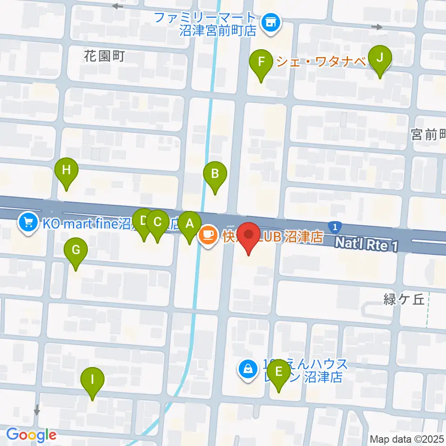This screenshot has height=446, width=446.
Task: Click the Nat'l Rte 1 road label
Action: pos(367,243)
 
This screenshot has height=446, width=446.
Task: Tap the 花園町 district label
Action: pos(105,56)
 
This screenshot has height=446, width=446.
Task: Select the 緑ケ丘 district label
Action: pos(404,299)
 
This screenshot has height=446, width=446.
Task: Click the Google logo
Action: pos(31,435)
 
